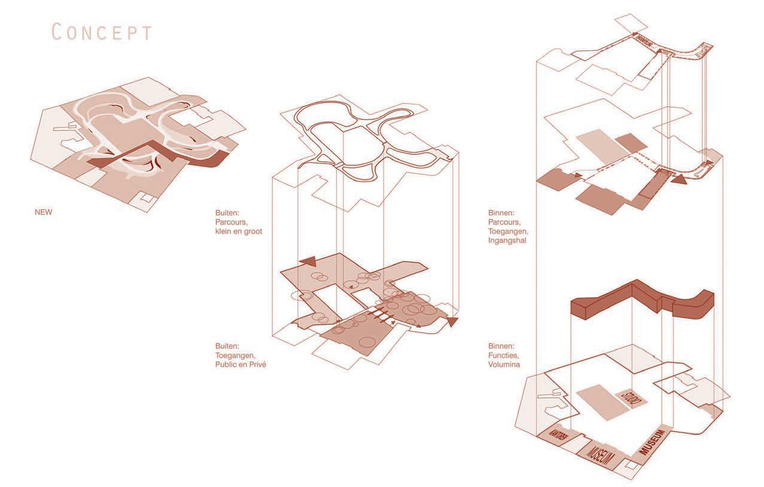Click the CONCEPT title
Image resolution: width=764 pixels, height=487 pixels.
(x=102, y=32)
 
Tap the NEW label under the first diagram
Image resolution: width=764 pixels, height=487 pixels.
(x=44, y=211)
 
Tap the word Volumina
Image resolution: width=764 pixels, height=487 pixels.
(x=504, y=364)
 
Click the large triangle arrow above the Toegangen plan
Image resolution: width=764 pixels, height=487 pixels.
(x=308, y=261)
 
